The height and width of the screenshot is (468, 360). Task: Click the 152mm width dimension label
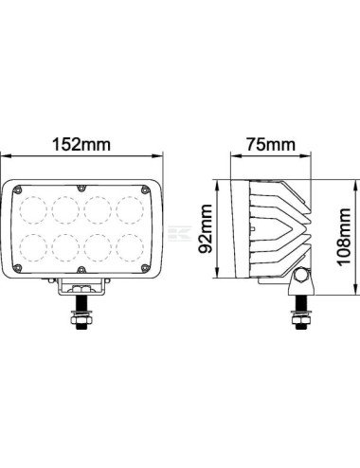(x=81, y=145)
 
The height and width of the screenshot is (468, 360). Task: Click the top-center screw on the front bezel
(x=81, y=187)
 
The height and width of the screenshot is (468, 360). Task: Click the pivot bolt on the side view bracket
(x=302, y=278)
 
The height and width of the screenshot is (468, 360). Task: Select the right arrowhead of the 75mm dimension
(x=315, y=159)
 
